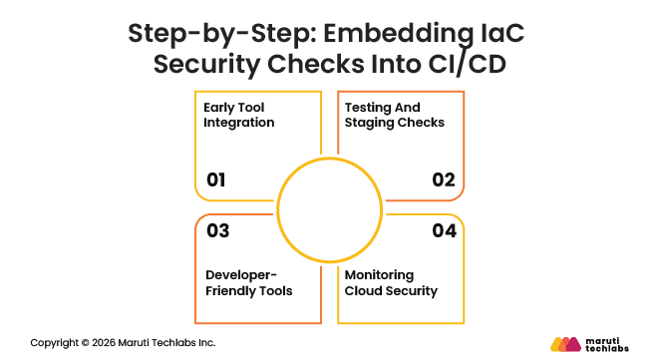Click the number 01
tap(216, 180)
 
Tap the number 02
tap(443, 180)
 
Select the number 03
tap(217, 230)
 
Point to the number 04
tap(443, 230)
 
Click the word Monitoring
tap(383, 273)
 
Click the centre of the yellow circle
tap(330, 207)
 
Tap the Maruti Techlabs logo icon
tap(564, 344)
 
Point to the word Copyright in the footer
tap(56, 343)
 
